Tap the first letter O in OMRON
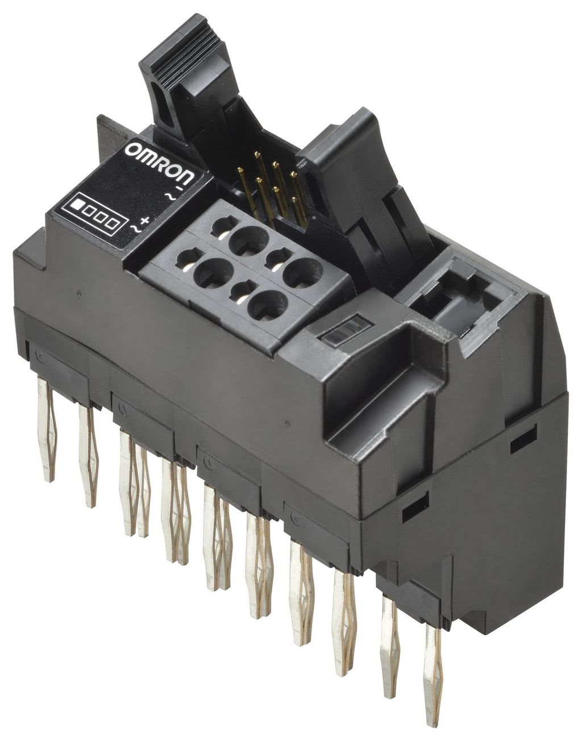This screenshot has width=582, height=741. tap(131, 150)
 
